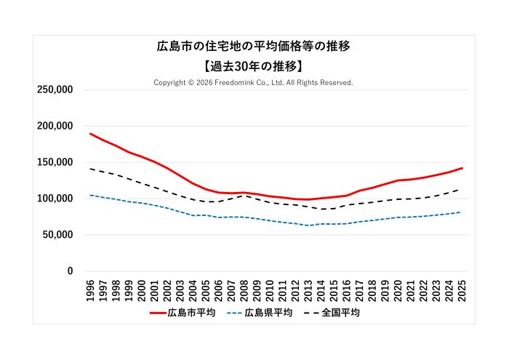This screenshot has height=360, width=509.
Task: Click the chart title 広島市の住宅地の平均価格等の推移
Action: click(x=254, y=47)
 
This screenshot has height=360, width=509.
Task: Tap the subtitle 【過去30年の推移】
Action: click(x=254, y=65)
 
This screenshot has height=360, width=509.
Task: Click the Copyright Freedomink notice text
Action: click(x=254, y=83)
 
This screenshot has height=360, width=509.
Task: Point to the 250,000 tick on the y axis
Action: click(x=54, y=89)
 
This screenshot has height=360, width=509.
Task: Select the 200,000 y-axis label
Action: click(x=54, y=126)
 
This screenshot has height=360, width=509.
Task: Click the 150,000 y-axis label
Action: click(x=54, y=162)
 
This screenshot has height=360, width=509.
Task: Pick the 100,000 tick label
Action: click(x=54, y=199)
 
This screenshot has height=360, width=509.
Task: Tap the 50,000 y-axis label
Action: click(x=57, y=235)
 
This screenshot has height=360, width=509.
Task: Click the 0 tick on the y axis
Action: click(x=70, y=271)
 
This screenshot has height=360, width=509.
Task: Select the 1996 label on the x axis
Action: click(x=91, y=289)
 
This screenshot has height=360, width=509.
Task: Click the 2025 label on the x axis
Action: click(x=462, y=289)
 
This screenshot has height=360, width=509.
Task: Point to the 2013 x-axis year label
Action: click(x=308, y=289)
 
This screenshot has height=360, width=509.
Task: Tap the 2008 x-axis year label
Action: click(x=244, y=289)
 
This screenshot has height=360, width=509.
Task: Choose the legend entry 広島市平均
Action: click(x=183, y=313)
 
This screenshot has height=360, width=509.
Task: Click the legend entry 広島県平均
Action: click(x=260, y=313)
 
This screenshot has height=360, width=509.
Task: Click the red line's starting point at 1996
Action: click(x=91, y=134)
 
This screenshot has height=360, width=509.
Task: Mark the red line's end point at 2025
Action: click(x=462, y=168)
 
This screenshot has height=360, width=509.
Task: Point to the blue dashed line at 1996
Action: click(x=91, y=195)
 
